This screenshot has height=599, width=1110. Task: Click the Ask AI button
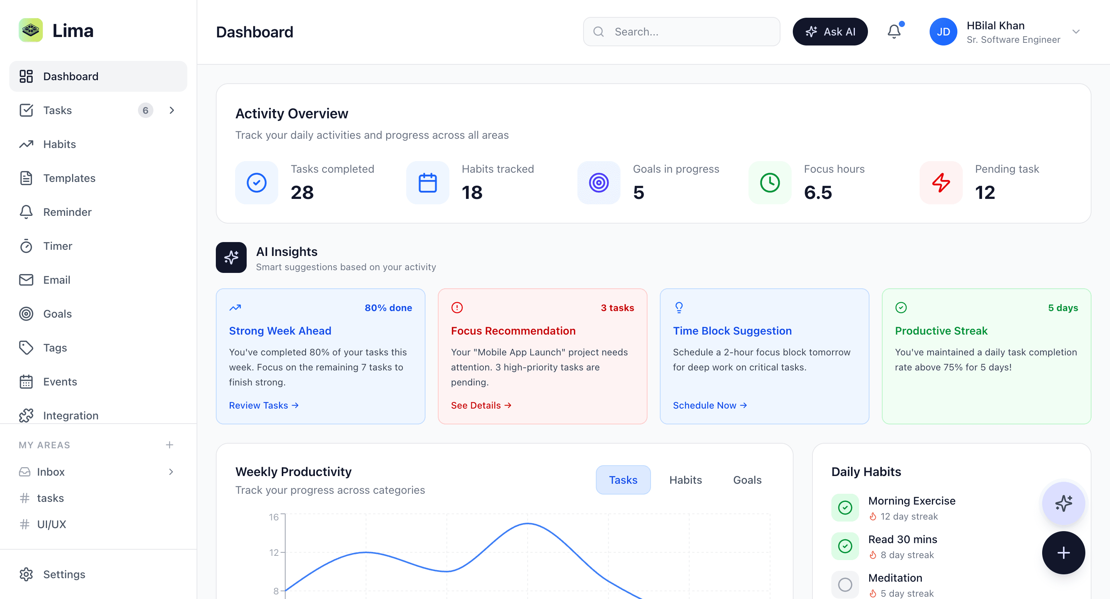tap(830, 32)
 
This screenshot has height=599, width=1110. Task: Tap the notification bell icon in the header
tap(894, 32)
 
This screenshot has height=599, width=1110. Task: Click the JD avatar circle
tap(943, 32)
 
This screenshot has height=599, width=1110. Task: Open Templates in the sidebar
tap(69, 178)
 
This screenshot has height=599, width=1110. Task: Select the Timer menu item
tap(57, 246)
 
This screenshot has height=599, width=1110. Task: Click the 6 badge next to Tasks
tap(145, 110)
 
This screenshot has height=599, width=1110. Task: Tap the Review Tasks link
tap(264, 405)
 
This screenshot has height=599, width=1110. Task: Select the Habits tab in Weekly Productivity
tap(685, 480)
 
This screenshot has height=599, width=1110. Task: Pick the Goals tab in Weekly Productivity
tap(747, 480)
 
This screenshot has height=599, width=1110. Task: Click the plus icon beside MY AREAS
tap(169, 445)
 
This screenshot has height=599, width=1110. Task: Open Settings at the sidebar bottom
tap(64, 574)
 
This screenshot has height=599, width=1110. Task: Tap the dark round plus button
tap(1063, 552)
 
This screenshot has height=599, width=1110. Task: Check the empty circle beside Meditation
tap(844, 584)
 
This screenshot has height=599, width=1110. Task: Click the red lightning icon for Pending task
tap(941, 183)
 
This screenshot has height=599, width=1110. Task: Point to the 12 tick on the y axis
tap(274, 552)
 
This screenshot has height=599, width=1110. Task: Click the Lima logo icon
tap(30, 30)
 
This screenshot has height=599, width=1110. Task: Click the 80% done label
tap(388, 308)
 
